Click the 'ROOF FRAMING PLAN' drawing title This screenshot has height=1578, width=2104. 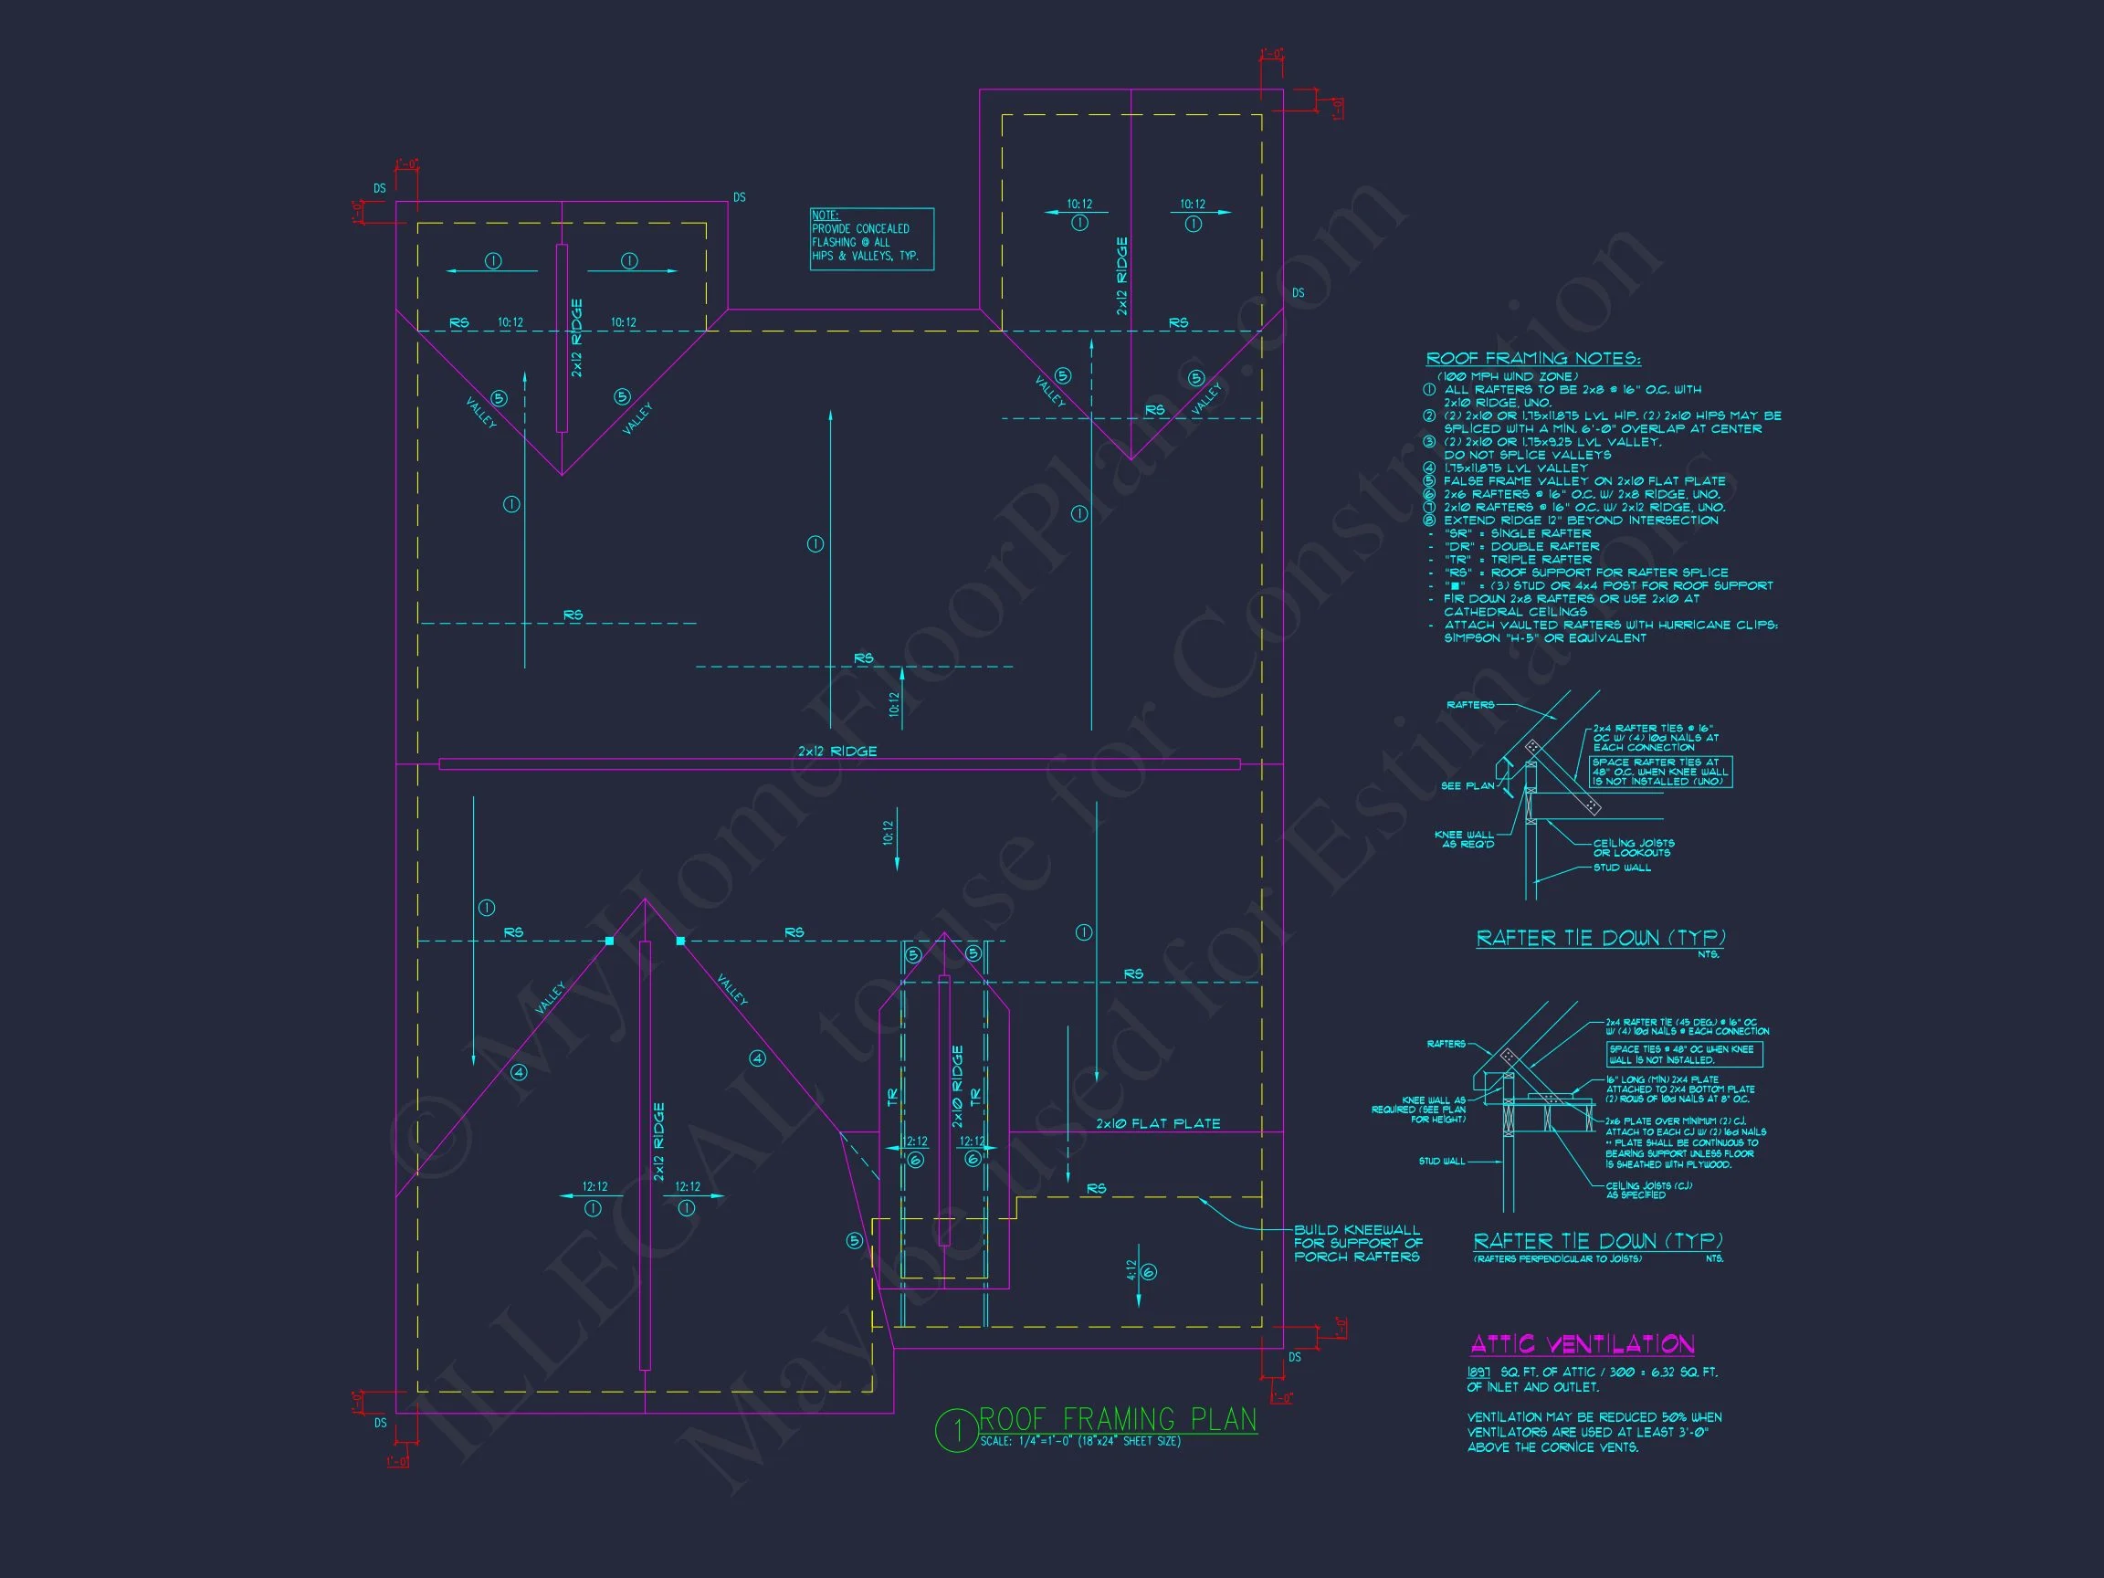click(1118, 1419)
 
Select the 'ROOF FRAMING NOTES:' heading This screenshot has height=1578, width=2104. click(1532, 359)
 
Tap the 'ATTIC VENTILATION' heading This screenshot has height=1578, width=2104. click(1582, 1344)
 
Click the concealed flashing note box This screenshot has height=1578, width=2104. click(871, 239)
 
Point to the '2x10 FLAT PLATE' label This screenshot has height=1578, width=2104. click(1158, 1123)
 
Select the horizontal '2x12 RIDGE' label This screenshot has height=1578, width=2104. click(837, 752)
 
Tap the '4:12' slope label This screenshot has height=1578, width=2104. click(1131, 1272)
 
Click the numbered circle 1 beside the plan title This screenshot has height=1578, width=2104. click(956, 1430)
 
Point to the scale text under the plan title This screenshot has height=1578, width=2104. click(1080, 1441)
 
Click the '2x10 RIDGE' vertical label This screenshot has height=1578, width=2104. click(958, 1086)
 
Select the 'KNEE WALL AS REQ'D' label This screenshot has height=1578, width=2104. click(1465, 839)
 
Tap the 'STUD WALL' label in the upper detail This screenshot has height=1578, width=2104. click(1623, 868)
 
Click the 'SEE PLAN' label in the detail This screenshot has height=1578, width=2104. click(1468, 785)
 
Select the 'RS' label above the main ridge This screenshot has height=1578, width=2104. click(864, 658)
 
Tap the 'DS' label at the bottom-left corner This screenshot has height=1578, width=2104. click(381, 1423)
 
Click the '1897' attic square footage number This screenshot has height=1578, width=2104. click(1478, 1373)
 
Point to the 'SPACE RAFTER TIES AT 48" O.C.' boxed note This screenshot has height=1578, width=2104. click(1661, 772)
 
